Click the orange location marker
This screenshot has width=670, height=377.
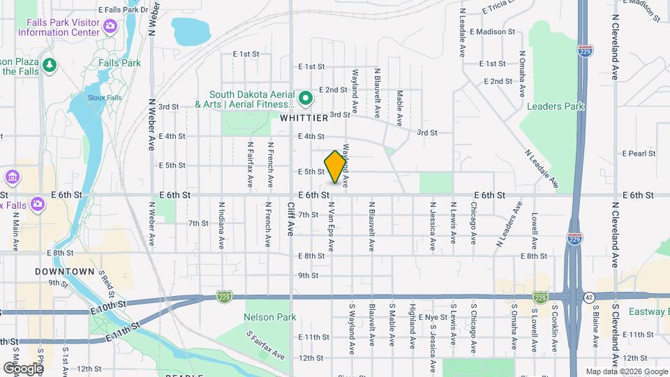click(x=336, y=167)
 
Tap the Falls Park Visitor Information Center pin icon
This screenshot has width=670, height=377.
click(x=109, y=27)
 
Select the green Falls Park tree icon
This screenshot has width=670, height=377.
click(x=49, y=65)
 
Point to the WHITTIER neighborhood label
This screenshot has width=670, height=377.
click(x=304, y=119)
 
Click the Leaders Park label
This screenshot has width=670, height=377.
click(x=556, y=106)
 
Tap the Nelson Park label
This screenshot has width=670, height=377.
click(x=269, y=317)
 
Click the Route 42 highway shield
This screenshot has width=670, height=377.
click(x=590, y=297)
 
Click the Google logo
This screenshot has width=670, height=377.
click(x=22, y=368)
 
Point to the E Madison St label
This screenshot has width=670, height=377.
click(x=492, y=32)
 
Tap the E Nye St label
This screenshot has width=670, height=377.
click(x=433, y=317)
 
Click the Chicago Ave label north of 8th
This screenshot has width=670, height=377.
click(x=473, y=223)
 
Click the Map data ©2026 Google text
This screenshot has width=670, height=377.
click(x=627, y=371)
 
